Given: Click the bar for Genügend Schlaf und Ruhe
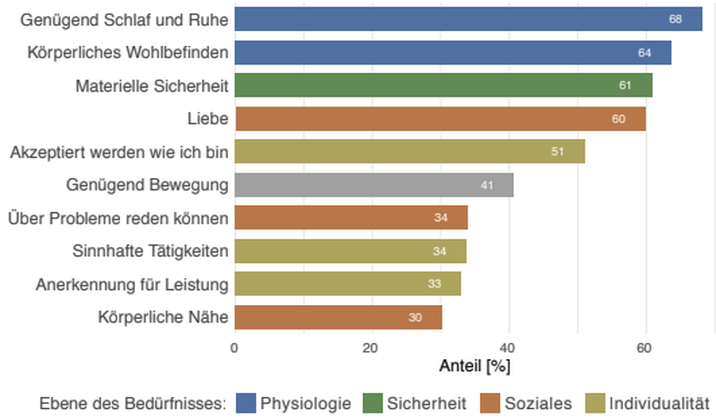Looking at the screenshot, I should [x=468, y=19].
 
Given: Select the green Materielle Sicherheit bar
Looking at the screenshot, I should [x=443, y=85].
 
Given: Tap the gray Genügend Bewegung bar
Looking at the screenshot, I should [x=374, y=185].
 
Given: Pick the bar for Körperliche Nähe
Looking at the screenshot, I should [x=338, y=318].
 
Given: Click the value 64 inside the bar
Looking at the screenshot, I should [x=644, y=53].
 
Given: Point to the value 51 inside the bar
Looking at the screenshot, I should [x=558, y=152].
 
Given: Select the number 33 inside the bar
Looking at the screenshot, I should [x=434, y=284].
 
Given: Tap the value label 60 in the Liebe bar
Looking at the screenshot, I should [x=619, y=119].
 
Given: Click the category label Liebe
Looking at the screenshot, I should [x=208, y=119].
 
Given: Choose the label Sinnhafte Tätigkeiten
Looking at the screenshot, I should [x=150, y=251].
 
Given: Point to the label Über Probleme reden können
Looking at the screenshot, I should [x=118, y=218].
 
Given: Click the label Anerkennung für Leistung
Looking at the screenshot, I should [x=132, y=285].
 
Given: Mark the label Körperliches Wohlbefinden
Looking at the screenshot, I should [x=128, y=53].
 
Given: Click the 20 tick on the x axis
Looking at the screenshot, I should [x=371, y=348].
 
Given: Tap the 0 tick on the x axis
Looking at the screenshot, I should [x=234, y=348].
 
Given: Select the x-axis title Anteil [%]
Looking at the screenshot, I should [x=475, y=366].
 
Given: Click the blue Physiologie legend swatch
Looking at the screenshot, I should [x=246, y=403].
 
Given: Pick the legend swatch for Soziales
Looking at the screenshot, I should [x=490, y=403].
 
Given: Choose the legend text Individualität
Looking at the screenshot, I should [x=659, y=403].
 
